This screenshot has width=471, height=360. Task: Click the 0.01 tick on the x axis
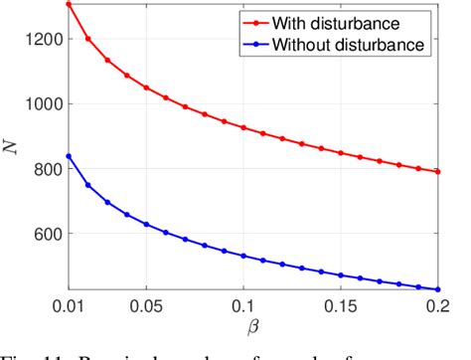click(x=69, y=303)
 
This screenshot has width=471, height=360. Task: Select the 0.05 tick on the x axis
click(x=145, y=303)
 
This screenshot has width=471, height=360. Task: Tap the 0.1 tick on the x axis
click(x=244, y=303)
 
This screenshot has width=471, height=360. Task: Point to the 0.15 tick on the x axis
click(x=341, y=303)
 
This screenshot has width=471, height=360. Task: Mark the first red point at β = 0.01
click(x=69, y=4)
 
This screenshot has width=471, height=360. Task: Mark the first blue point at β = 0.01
click(x=69, y=156)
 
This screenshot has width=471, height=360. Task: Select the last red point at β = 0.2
click(x=438, y=172)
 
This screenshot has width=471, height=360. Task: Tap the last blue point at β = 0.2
click(x=438, y=289)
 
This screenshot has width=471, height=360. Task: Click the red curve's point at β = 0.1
click(x=243, y=127)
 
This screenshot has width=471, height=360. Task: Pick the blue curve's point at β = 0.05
click(x=146, y=225)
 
